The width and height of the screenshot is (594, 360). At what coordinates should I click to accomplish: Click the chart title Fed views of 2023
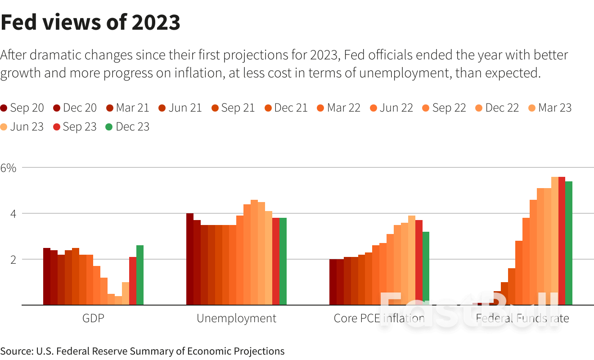(90, 22)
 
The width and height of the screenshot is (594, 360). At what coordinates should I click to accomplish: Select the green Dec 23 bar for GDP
(140, 275)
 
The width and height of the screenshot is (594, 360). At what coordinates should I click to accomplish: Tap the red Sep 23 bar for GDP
(133, 281)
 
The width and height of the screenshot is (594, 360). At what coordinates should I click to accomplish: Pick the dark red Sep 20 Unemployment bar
(190, 259)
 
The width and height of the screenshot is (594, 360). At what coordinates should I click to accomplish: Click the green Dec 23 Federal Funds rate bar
(569, 243)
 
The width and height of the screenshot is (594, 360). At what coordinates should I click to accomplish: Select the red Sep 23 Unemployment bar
(276, 261)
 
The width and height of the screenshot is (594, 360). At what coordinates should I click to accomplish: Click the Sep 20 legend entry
(22, 108)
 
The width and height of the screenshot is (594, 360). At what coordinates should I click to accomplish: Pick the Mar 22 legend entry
(339, 108)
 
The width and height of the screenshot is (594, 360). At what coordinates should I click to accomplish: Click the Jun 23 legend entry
(22, 127)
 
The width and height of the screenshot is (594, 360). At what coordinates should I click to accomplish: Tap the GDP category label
(93, 319)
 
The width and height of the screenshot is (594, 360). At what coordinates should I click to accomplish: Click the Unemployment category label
(236, 319)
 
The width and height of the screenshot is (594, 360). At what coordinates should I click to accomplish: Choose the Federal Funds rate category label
(522, 319)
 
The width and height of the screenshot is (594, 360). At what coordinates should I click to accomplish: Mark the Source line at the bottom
(142, 351)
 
